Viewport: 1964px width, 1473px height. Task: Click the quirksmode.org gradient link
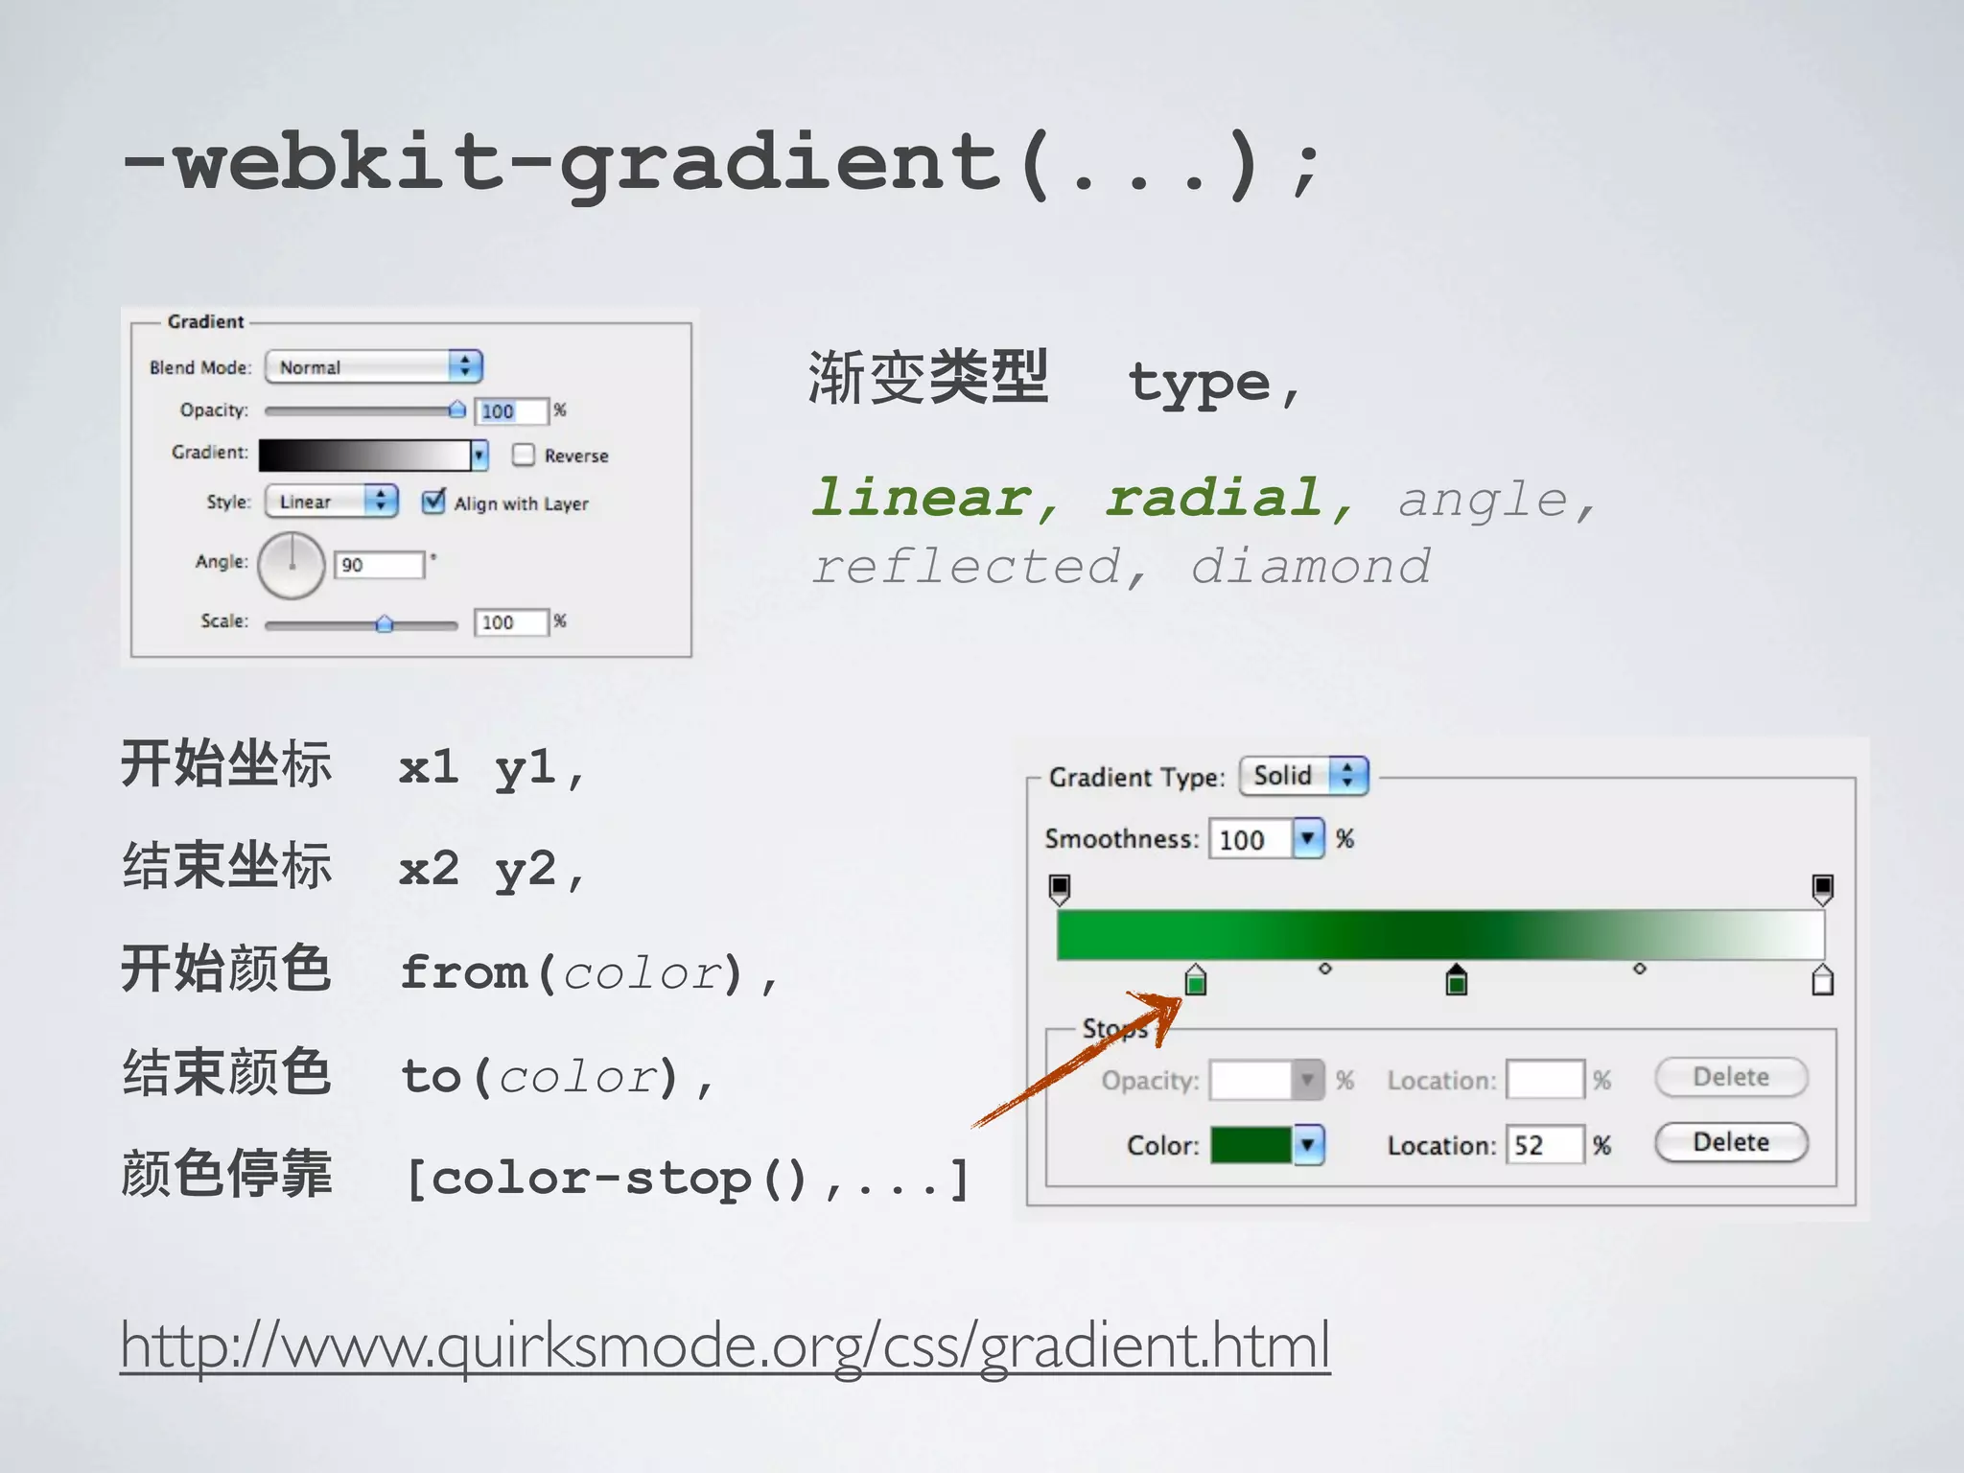click(725, 1344)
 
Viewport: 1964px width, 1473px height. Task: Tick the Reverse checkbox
click(524, 455)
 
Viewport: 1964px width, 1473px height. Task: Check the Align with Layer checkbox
click(433, 501)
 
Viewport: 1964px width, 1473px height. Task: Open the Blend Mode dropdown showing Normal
click(373, 366)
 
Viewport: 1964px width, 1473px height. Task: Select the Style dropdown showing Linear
click(331, 501)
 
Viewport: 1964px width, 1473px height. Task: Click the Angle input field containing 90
click(379, 565)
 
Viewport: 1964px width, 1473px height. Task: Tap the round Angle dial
click(292, 566)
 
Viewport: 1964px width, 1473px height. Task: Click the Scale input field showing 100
click(510, 622)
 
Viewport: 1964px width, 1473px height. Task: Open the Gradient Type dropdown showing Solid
click(1303, 775)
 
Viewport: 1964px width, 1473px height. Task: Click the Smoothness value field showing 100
click(1250, 839)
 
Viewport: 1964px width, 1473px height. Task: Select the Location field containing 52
click(1543, 1144)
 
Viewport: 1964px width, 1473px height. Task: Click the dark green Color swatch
click(1251, 1144)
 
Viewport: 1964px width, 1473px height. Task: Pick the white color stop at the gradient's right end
click(1822, 981)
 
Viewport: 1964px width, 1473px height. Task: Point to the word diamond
click(1310, 566)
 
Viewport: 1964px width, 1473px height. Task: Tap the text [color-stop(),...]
click(687, 1179)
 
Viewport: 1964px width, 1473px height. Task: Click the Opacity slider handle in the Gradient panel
click(457, 409)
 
